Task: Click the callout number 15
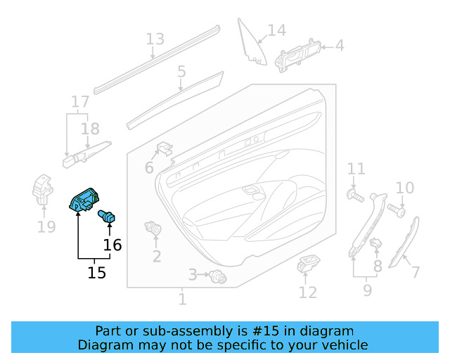[96, 271]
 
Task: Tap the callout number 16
[112, 245]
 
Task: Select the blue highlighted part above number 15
[84, 201]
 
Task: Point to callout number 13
[155, 39]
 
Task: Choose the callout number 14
[277, 30]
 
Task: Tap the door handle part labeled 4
[301, 51]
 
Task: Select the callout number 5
[181, 71]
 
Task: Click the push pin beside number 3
[218, 278]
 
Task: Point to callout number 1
[182, 300]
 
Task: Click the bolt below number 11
[355, 196]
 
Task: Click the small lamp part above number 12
[308, 265]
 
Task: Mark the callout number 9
[367, 288]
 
